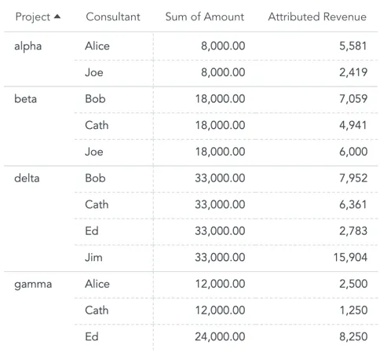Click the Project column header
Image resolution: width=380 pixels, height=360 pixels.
[x=32, y=17]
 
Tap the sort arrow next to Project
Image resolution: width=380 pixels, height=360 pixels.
[x=57, y=17]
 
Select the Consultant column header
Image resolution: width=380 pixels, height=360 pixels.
[x=113, y=17]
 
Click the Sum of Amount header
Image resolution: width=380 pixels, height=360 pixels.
[x=204, y=17]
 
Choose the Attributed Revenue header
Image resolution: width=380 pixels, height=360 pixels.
[x=316, y=17]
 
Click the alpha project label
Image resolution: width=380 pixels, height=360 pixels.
[x=28, y=46]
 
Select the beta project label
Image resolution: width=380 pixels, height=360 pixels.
[x=26, y=99]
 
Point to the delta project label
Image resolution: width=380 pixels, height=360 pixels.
[x=27, y=178]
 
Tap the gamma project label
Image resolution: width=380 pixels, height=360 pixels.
[x=33, y=284]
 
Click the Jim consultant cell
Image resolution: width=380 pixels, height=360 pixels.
[x=93, y=257]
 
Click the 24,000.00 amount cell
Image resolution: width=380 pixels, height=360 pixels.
[x=220, y=336]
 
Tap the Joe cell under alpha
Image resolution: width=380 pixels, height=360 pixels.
[x=93, y=72]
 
